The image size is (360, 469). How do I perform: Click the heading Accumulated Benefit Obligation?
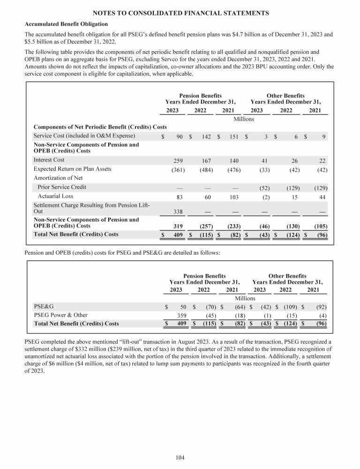click(x=66, y=24)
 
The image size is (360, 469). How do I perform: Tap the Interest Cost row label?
click(x=49, y=160)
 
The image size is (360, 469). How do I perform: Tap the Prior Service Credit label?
click(x=62, y=187)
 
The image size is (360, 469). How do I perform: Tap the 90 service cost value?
click(x=179, y=136)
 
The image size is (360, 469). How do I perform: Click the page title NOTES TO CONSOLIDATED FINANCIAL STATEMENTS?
click(x=180, y=13)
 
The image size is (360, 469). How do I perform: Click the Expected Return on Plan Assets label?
click(x=72, y=169)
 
